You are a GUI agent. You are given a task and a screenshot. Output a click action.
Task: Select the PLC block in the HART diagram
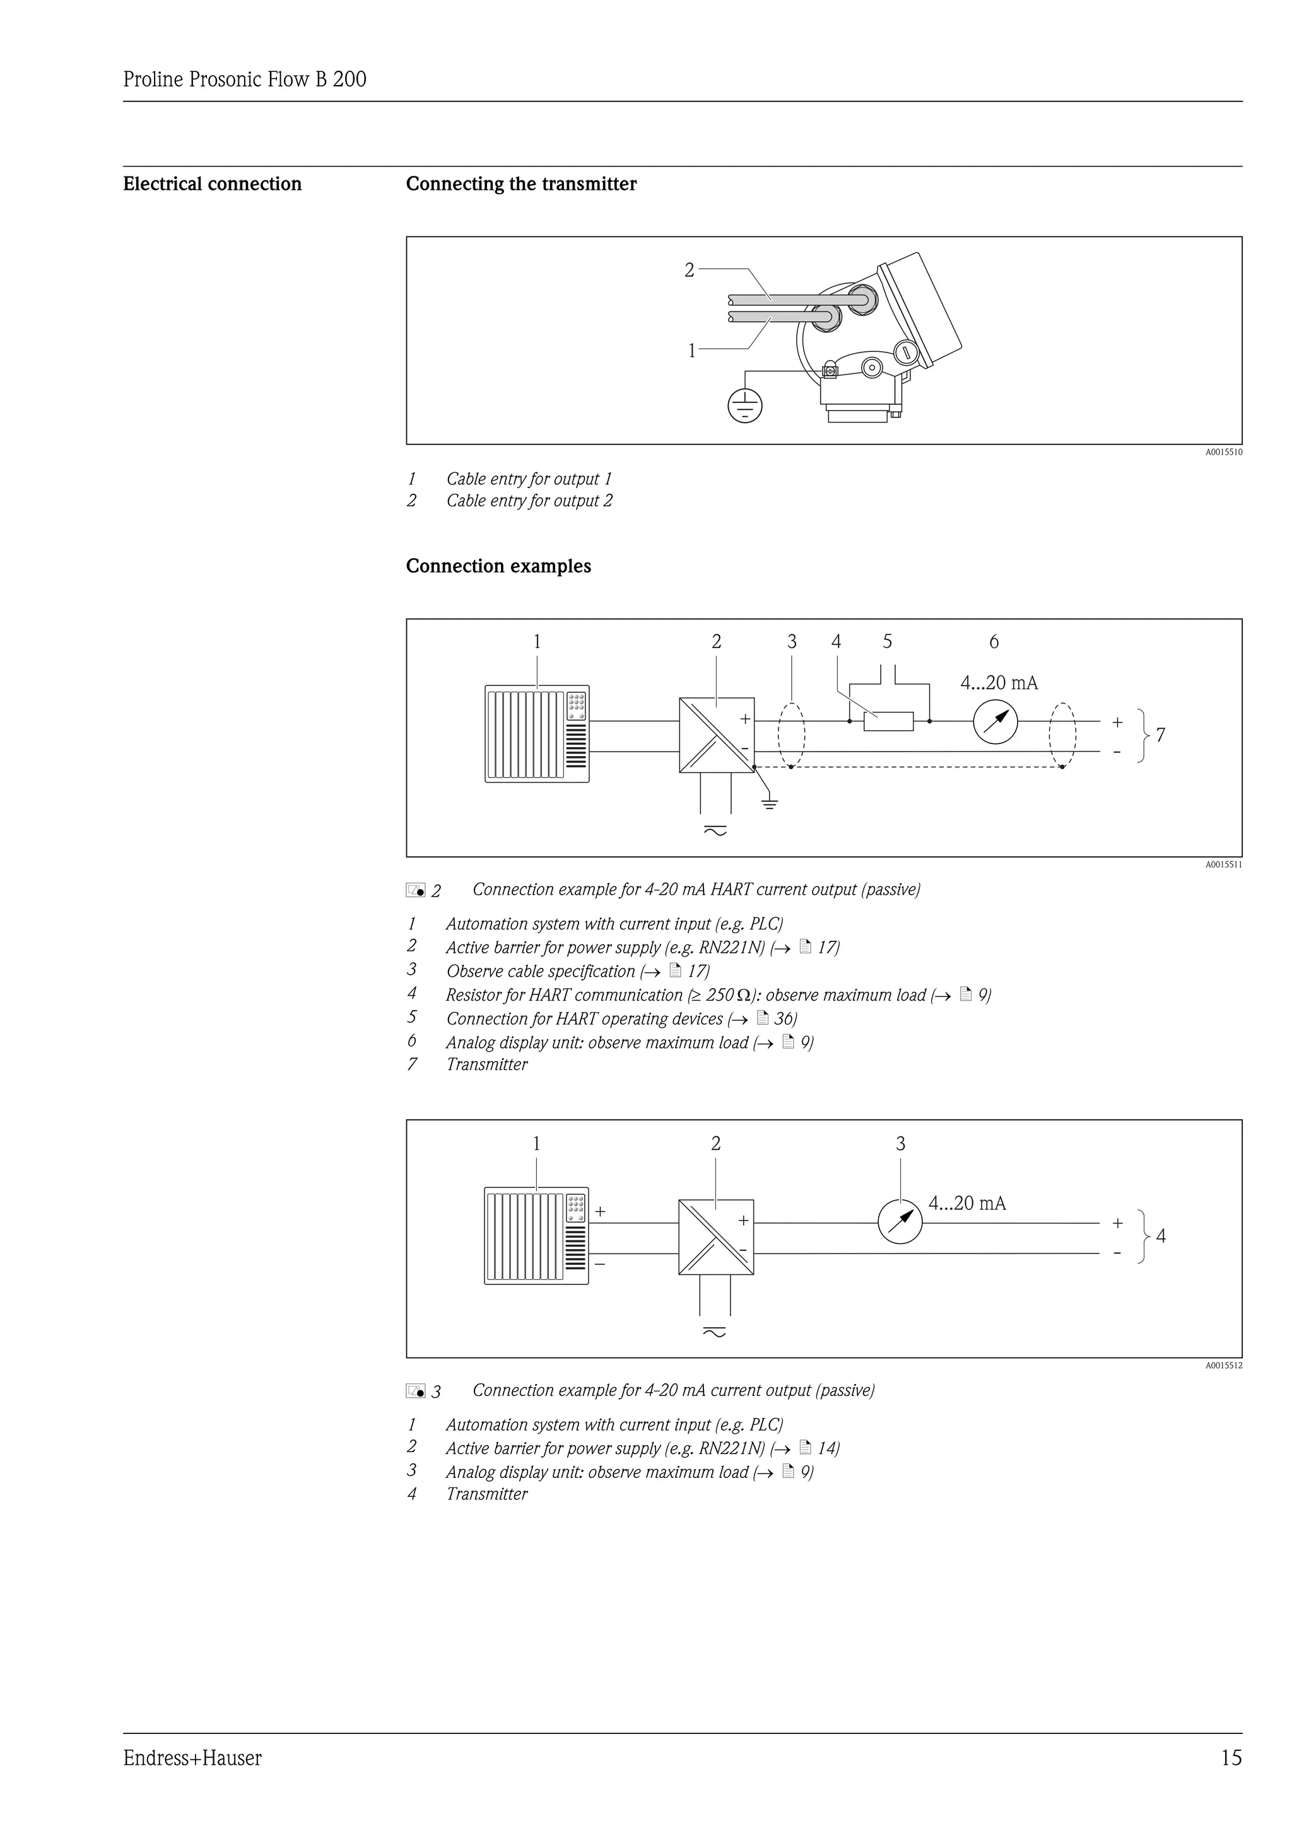(x=537, y=733)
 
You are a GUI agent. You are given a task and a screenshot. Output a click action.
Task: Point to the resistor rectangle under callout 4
(x=889, y=721)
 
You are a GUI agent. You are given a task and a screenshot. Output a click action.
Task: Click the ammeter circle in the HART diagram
(x=995, y=721)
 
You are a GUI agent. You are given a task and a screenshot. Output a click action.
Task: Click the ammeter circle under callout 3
(x=900, y=1223)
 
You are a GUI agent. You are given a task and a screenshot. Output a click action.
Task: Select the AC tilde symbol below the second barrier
(x=714, y=1333)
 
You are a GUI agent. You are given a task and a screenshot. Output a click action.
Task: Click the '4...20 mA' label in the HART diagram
(x=999, y=682)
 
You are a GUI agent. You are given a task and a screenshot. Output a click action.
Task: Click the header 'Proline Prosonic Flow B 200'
(x=245, y=79)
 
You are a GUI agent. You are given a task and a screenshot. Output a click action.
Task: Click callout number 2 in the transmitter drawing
(x=690, y=270)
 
